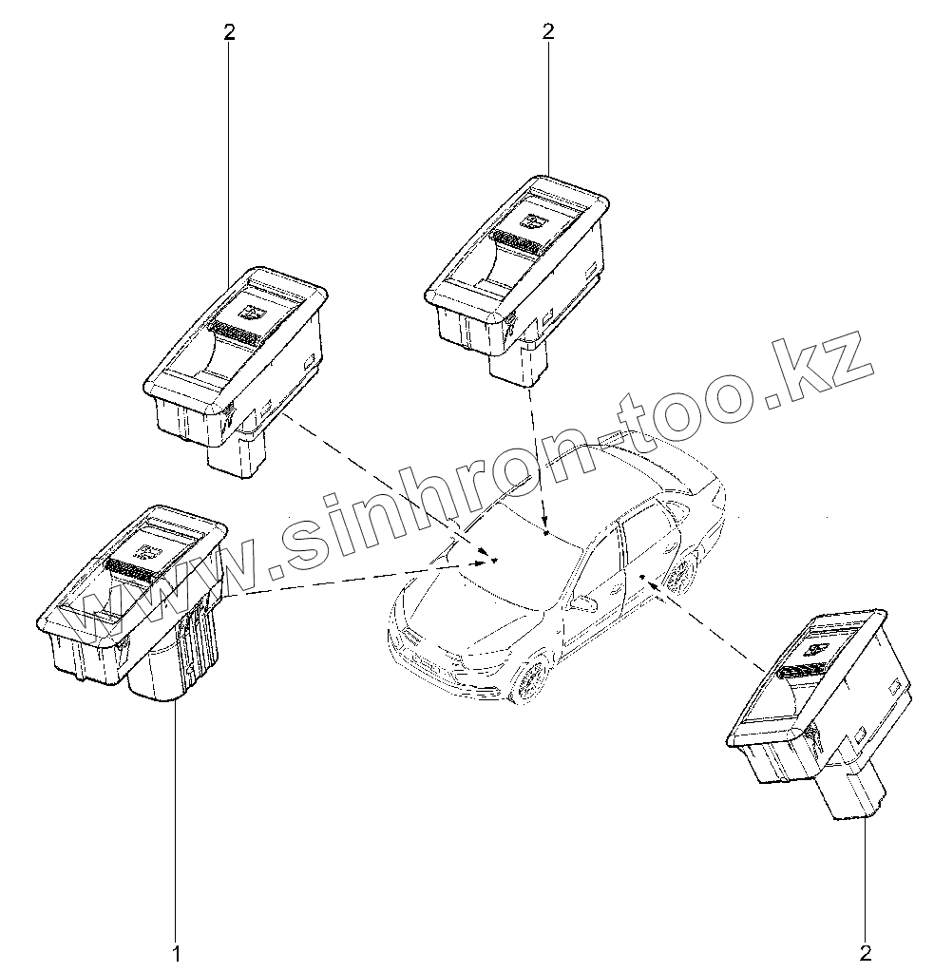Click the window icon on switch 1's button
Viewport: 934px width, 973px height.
[x=149, y=549]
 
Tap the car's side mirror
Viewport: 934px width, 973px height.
[x=581, y=601]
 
